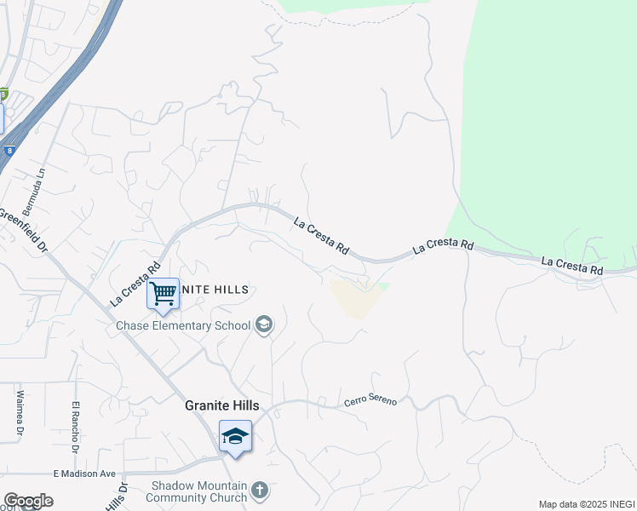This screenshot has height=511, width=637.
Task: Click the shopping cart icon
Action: (x=163, y=294)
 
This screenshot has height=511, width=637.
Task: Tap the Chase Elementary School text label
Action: (x=184, y=325)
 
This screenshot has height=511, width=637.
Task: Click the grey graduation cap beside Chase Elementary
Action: (x=264, y=324)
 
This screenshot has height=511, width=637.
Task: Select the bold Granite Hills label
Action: (x=222, y=406)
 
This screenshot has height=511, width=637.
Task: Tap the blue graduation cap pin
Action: (x=235, y=437)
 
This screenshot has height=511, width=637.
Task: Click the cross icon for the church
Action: (x=261, y=491)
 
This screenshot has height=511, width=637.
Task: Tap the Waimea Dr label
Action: (x=19, y=413)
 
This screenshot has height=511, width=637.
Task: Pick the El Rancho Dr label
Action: (x=76, y=423)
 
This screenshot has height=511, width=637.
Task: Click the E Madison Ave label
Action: (x=84, y=474)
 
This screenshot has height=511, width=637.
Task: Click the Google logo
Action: (x=28, y=501)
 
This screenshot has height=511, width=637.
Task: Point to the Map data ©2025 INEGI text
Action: (x=587, y=504)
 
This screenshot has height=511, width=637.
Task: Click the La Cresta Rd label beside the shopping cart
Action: (x=135, y=284)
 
